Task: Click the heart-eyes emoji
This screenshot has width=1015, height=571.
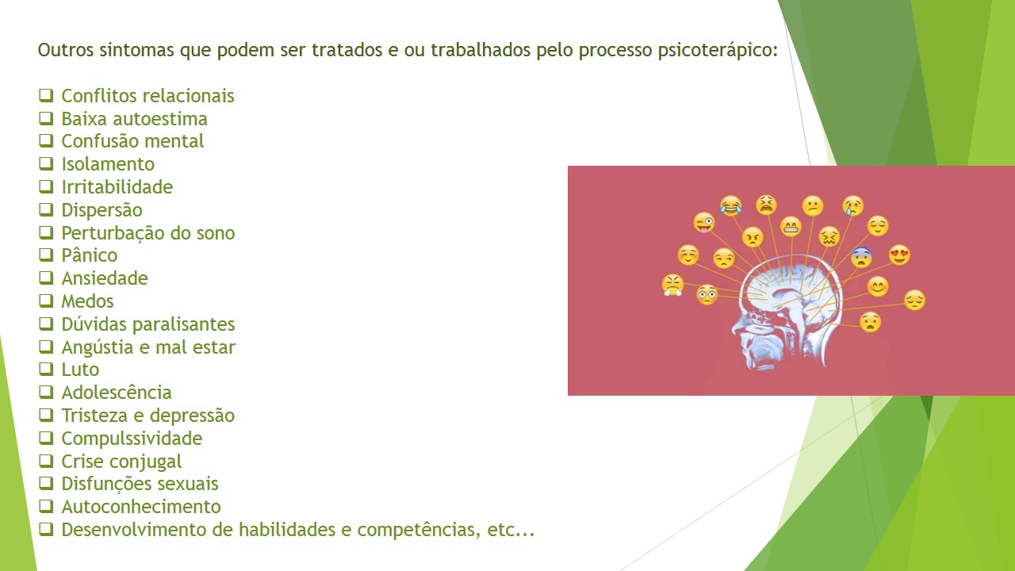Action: pos(899,255)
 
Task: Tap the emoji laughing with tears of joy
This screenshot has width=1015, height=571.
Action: pos(731,205)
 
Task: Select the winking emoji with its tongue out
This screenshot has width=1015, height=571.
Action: pos(703,223)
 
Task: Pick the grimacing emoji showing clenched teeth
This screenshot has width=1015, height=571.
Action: pos(791,227)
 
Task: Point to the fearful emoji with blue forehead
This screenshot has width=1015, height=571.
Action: pos(861,258)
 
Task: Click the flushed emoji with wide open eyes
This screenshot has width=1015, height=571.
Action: pos(707,294)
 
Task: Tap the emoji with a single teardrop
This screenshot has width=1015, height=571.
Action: pos(852,205)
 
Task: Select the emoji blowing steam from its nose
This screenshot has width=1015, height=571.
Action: pos(672,285)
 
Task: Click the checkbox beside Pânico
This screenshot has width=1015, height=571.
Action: pos(46,255)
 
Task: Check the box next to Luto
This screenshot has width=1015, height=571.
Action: pos(46,370)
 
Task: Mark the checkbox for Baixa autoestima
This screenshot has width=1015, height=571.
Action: pos(46,119)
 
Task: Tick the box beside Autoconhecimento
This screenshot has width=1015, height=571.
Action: pos(46,506)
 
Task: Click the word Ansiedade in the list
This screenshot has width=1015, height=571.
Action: pos(105,278)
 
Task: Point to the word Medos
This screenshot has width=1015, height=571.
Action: pos(87,301)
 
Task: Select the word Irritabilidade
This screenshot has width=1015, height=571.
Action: pos(117,187)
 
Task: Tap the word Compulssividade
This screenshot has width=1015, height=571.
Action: pos(132,439)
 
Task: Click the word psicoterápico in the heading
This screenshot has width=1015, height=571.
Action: pos(718,51)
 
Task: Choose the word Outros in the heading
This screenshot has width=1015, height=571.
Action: pos(66,50)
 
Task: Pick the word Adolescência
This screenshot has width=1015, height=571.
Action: pos(117,392)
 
